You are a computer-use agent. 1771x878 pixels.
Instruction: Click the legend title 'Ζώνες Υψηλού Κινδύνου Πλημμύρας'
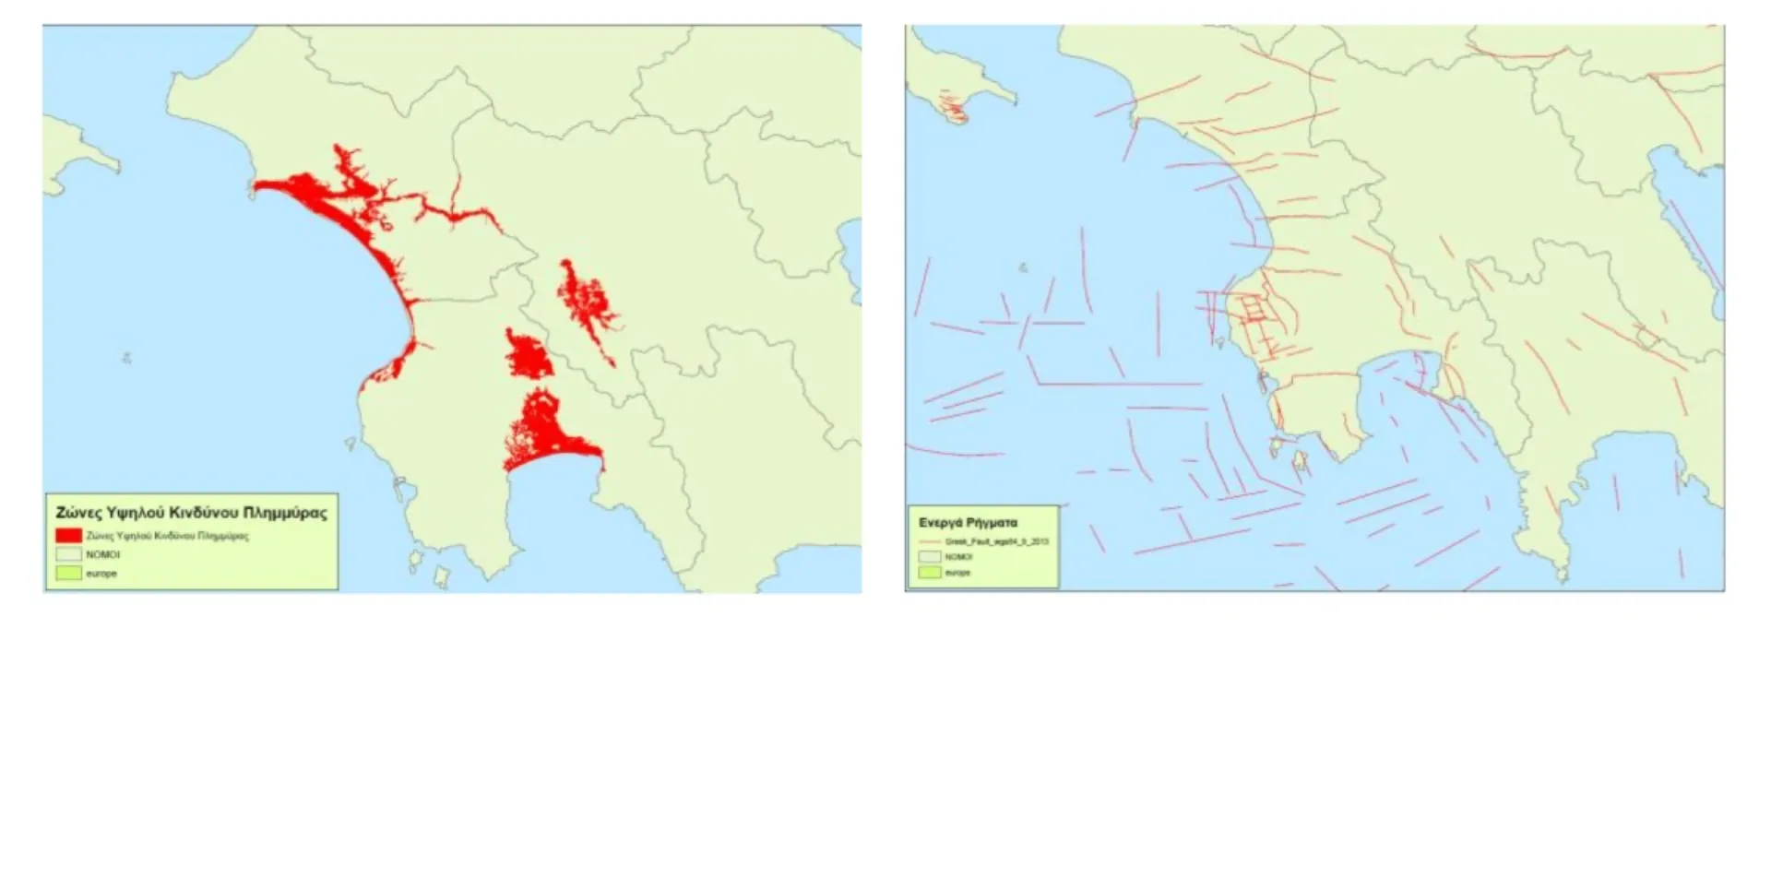(x=191, y=513)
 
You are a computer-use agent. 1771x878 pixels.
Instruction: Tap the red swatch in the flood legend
(x=68, y=536)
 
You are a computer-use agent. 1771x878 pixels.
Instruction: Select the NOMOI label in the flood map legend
(x=102, y=555)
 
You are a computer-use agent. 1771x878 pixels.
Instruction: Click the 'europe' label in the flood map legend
(x=101, y=574)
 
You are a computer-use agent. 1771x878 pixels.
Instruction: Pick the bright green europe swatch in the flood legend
(x=68, y=574)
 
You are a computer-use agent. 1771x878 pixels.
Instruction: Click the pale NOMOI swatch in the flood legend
(x=68, y=555)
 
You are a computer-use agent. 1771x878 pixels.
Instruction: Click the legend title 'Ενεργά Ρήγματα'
(x=968, y=523)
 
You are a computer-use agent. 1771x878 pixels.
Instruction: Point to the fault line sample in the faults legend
(x=930, y=541)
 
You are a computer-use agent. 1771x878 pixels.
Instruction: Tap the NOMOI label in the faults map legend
(x=958, y=557)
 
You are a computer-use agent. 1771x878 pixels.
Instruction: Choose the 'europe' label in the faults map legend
(x=957, y=573)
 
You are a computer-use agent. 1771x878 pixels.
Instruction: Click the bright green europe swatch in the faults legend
(x=930, y=573)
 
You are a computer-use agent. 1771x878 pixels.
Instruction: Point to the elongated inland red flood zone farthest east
(x=587, y=304)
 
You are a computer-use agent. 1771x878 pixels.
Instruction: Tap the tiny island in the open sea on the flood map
(x=126, y=358)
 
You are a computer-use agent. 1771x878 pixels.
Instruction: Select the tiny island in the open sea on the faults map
(x=1023, y=268)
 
